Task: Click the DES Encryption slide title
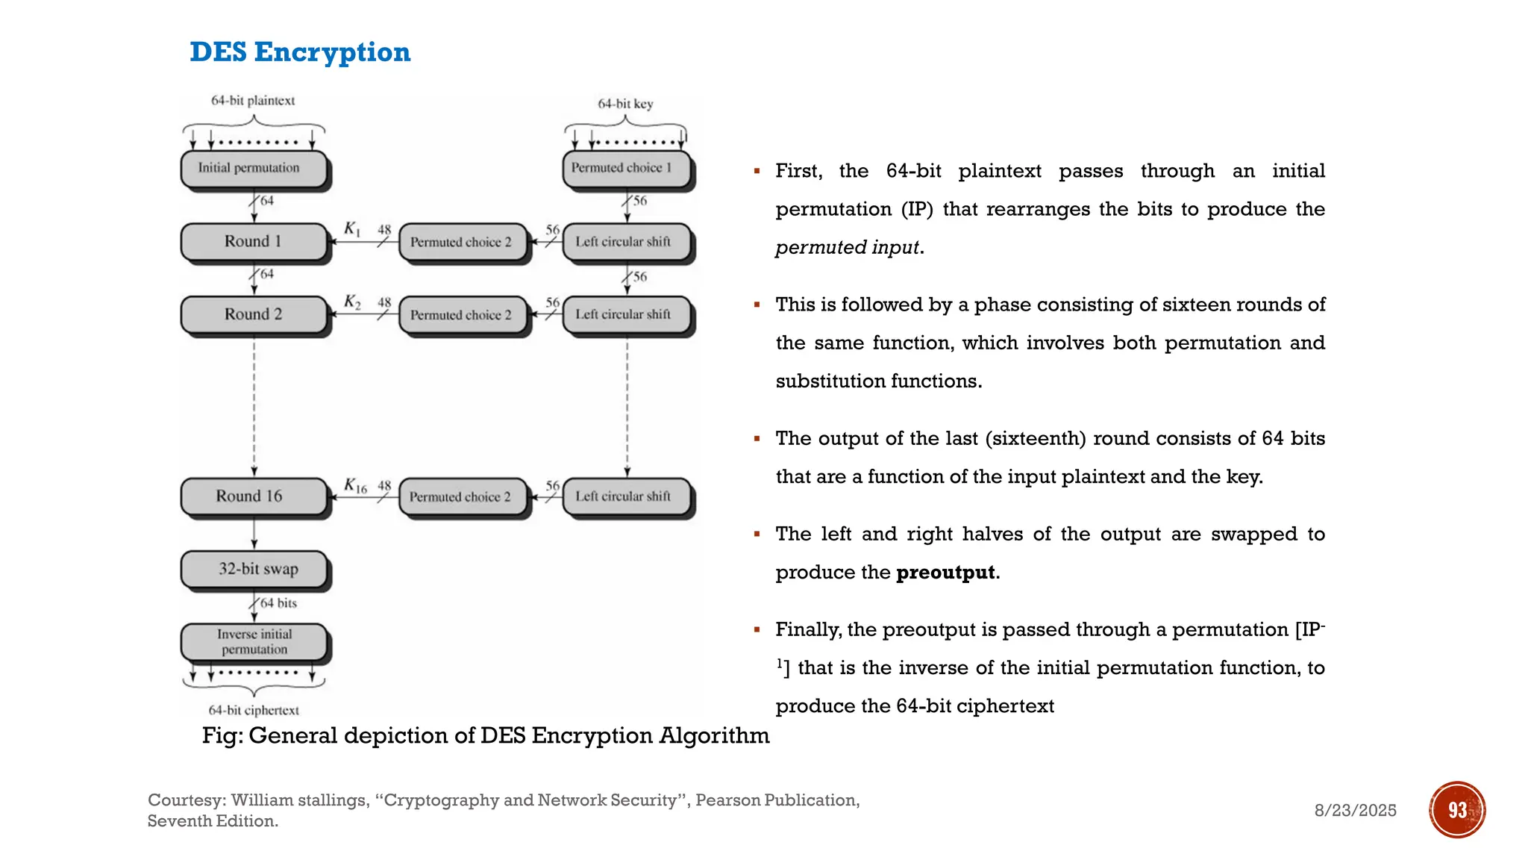300,52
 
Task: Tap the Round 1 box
254,241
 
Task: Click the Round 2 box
254,314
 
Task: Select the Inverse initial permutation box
254,641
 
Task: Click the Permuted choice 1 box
625,169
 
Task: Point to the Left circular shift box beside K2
625,314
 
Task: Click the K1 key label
352,229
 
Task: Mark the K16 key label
355,486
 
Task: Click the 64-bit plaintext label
253,101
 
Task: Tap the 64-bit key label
625,104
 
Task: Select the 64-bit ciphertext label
254,710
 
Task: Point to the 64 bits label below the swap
278,603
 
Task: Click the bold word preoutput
945,573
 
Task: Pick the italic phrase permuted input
847,248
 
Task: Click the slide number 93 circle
1456,810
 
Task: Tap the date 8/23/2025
1355,811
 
